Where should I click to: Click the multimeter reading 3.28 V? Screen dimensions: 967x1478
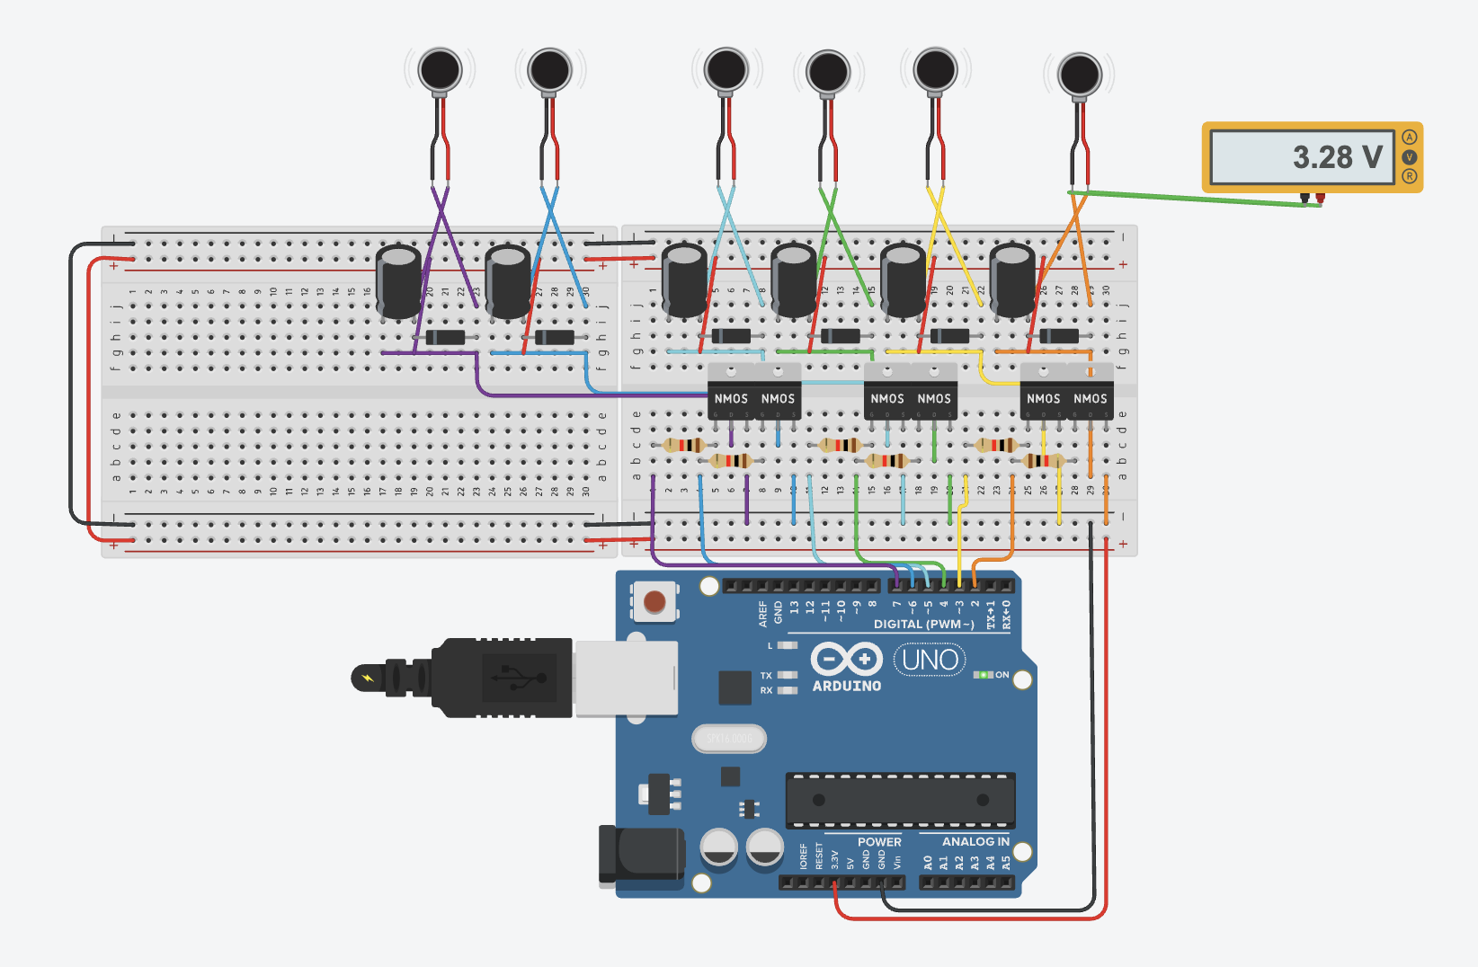tap(1301, 157)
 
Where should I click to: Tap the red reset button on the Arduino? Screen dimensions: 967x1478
tap(654, 601)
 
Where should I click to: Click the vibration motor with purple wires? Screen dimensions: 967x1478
tap(440, 70)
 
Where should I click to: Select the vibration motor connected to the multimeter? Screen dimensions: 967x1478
tap(1079, 75)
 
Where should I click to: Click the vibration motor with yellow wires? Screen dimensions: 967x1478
tap(935, 69)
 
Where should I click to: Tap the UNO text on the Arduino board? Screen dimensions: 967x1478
tap(930, 661)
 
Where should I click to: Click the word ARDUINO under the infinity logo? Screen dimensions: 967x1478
tap(846, 686)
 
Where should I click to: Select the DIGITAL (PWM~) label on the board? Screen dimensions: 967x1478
tap(923, 624)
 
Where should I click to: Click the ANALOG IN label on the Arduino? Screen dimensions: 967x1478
tap(975, 841)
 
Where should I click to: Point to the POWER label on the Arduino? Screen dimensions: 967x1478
tap(878, 842)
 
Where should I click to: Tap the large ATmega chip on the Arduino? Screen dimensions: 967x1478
tap(900, 800)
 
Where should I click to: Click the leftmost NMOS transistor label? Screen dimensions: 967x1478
tap(731, 398)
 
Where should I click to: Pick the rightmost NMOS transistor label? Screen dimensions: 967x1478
tap(1090, 398)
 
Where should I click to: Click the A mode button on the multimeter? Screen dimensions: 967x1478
tap(1409, 138)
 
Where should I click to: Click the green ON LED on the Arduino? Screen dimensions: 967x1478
tap(984, 674)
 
